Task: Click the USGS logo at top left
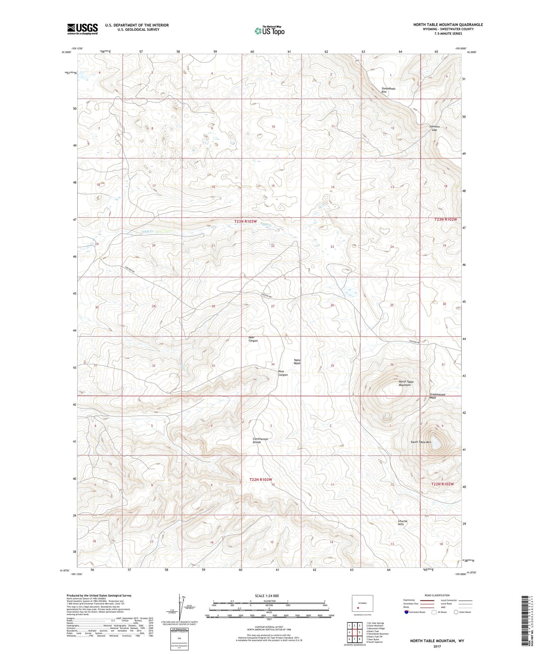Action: pyautogui.click(x=83, y=29)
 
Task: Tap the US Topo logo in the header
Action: pyautogui.click(x=269, y=31)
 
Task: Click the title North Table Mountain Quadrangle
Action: pyautogui.click(x=448, y=25)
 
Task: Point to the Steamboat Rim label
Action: pyautogui.click(x=388, y=90)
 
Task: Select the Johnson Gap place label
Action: pyautogui.click(x=434, y=128)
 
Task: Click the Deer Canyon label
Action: pyautogui.click(x=253, y=339)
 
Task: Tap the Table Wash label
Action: pyautogui.click(x=297, y=362)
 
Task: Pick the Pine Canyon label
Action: pyautogui.click(x=283, y=373)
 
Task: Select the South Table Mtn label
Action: pyautogui.click(x=420, y=442)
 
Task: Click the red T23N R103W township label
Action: pyautogui.click(x=246, y=221)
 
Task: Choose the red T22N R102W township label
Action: pyautogui.click(x=442, y=484)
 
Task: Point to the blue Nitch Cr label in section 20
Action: pyautogui.click(x=147, y=231)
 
